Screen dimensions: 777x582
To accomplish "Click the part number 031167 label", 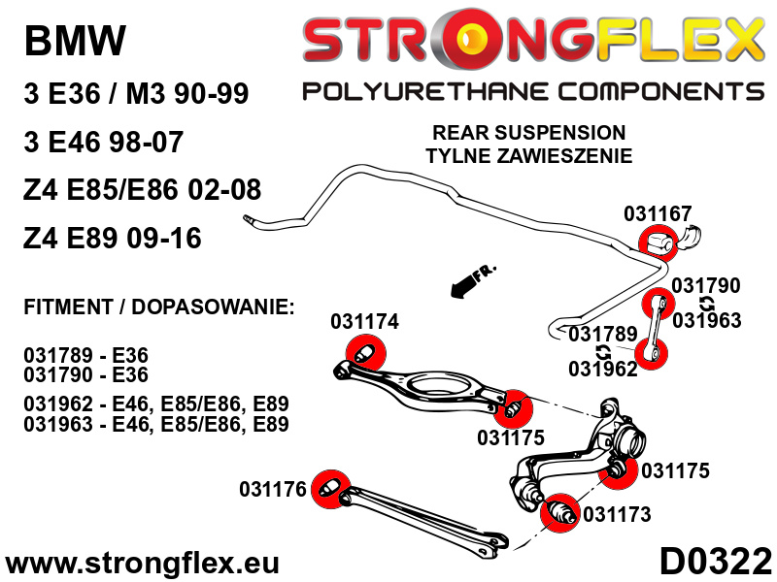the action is tap(658, 213).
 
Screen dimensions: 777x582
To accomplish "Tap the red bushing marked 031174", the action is tap(366, 352).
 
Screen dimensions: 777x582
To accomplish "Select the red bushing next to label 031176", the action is tap(331, 489).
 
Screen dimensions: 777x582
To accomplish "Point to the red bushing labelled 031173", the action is tap(560, 513).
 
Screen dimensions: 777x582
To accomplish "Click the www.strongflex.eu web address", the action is tap(142, 564).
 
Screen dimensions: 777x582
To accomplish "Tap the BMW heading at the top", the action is tap(75, 40).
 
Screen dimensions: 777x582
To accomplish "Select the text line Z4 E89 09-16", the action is tap(113, 238).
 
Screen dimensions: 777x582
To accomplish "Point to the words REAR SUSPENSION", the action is tap(528, 133).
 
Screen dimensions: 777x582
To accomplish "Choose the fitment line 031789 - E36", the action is tap(85, 355).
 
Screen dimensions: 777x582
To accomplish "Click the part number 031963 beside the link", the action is tap(707, 320).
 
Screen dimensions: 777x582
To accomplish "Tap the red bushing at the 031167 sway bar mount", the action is tap(659, 242).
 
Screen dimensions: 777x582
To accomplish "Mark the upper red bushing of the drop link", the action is tap(659, 304).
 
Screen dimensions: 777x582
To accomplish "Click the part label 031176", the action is tap(273, 489).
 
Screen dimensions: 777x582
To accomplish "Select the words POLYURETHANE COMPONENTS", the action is tap(533, 91).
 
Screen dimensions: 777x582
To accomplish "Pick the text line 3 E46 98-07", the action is tap(104, 142).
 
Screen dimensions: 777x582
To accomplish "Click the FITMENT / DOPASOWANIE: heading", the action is tap(159, 307).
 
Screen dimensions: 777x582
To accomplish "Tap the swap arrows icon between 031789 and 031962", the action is tap(602, 351).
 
